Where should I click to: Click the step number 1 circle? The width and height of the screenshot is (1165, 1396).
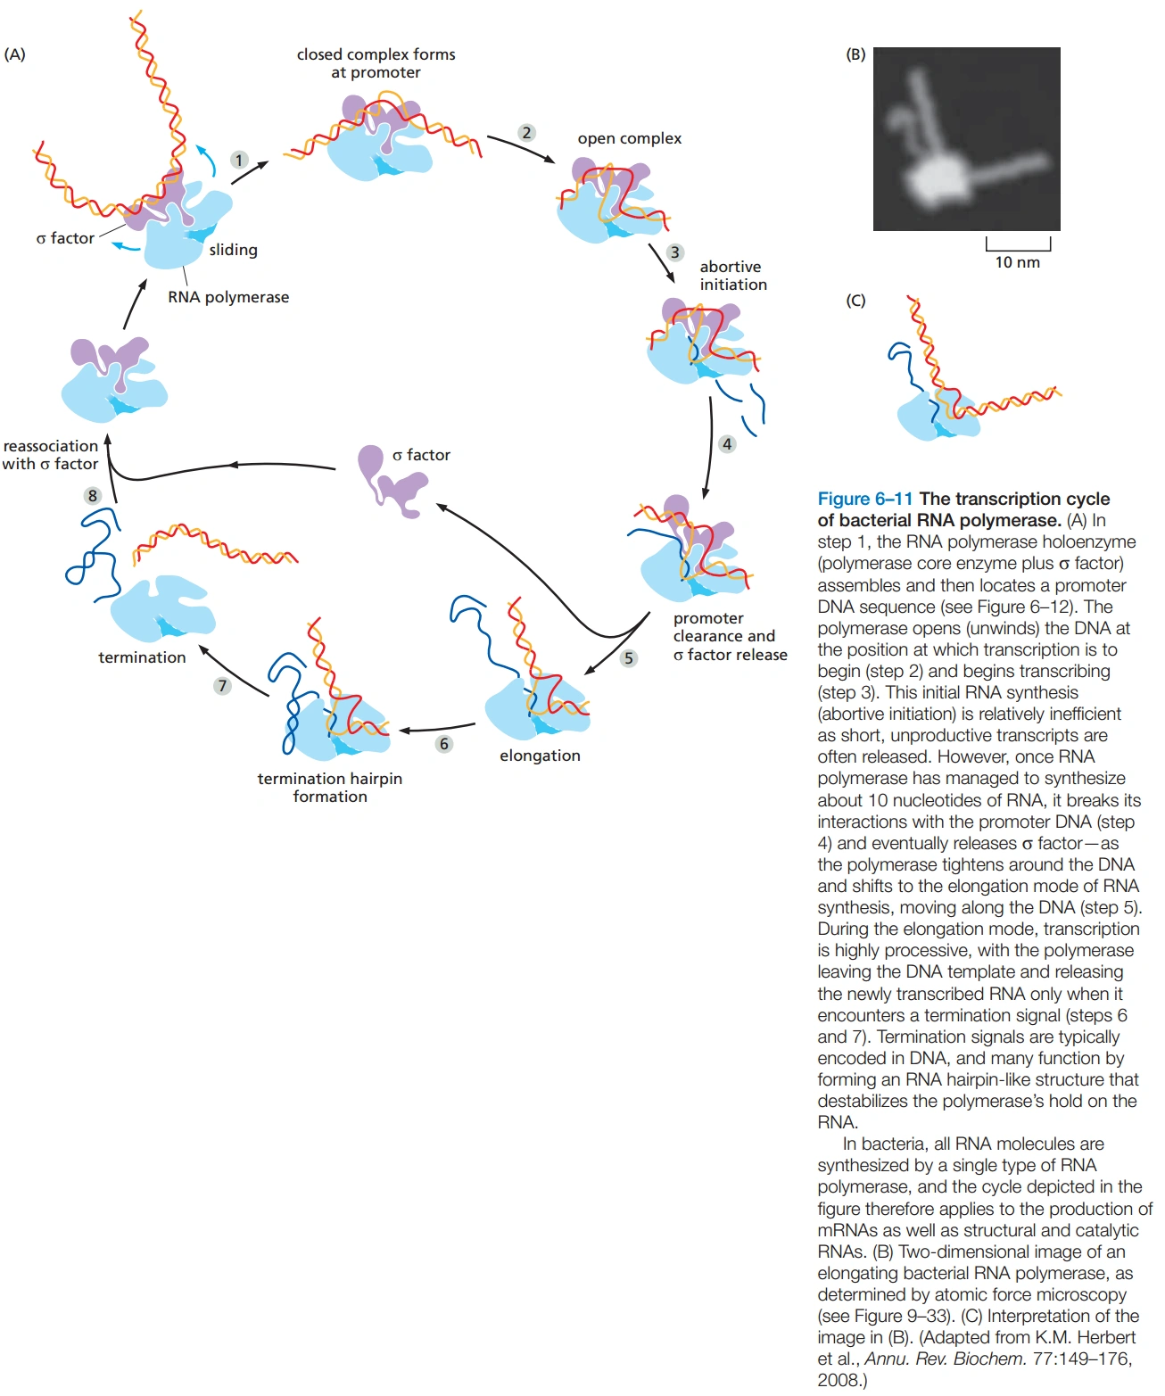coord(238,160)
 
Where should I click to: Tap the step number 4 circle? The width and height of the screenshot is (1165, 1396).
coord(727,443)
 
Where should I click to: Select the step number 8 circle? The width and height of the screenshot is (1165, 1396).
coord(92,495)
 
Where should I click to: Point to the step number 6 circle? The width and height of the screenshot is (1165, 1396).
coord(443,743)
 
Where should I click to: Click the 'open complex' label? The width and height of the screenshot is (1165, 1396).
coord(629,138)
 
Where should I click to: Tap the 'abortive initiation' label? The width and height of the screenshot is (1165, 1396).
coord(732,276)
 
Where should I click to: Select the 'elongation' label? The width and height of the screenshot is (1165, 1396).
coord(540,756)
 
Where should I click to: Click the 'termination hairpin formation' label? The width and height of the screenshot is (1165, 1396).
coord(330,787)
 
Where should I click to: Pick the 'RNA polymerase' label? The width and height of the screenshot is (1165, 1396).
coord(228,297)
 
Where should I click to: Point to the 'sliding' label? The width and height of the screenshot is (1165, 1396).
coord(233,250)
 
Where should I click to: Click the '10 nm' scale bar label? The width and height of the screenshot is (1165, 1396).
coord(1017,262)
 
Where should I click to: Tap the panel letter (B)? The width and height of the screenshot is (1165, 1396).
coord(855,54)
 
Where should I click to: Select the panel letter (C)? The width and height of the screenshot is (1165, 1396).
coord(855,301)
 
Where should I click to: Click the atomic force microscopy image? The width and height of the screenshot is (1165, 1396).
coord(966,139)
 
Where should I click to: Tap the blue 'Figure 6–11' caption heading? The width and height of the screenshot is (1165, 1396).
coord(864,499)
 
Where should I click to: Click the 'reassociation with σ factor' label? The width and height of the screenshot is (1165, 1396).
coord(50,455)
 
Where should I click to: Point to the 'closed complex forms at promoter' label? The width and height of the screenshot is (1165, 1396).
coord(376,63)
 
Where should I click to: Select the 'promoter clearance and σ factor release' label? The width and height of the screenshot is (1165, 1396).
coord(730,636)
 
